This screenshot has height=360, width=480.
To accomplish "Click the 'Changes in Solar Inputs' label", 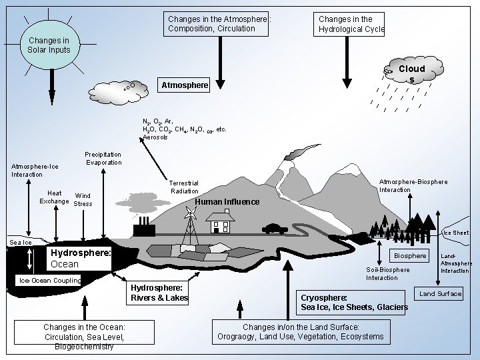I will click(x=49, y=46).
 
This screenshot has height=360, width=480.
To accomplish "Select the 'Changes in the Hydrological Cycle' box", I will click(x=351, y=24).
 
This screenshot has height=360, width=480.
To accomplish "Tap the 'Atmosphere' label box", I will click(x=184, y=85).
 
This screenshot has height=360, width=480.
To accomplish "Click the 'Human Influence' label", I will click(x=227, y=202).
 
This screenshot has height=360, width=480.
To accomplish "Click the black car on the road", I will click(x=275, y=229).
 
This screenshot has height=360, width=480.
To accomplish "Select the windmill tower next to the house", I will click(x=191, y=227).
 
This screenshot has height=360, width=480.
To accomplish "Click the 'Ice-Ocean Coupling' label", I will click(x=49, y=280).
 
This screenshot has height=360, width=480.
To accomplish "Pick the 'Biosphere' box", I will click(x=410, y=256).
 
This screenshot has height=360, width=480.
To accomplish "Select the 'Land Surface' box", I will click(x=440, y=294).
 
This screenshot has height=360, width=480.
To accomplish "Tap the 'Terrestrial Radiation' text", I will click(x=184, y=187).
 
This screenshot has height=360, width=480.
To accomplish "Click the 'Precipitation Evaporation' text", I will click(x=103, y=159).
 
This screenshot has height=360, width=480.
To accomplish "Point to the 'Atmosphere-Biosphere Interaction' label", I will click(x=413, y=185).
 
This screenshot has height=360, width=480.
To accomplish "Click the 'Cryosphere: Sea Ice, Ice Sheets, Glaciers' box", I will click(x=353, y=302).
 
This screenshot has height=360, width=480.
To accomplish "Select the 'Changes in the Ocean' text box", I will click(x=84, y=336).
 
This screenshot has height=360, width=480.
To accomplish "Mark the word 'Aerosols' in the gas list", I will click(x=155, y=137).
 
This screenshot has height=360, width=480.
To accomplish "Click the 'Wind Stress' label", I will click(x=83, y=199).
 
